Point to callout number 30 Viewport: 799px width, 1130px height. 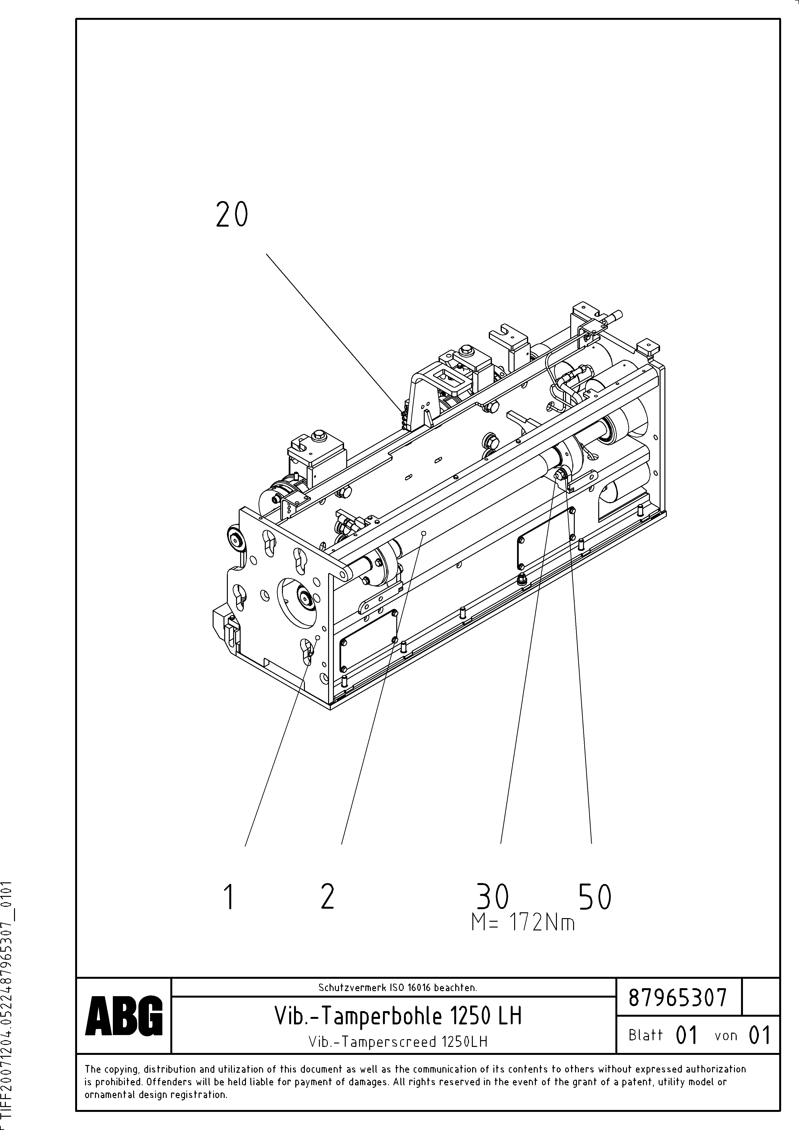492,897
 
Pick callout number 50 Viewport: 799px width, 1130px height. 595,897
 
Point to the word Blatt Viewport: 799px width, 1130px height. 645,1035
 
